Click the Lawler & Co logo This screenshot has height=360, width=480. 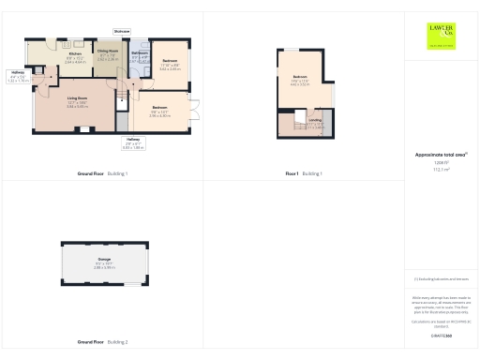tap(440, 36)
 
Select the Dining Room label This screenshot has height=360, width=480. tap(108, 52)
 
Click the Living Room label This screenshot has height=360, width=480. tap(77, 97)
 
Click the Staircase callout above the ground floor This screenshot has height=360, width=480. tap(123, 31)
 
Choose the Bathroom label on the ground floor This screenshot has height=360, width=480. tap(140, 52)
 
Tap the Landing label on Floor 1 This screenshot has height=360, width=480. tap(315, 120)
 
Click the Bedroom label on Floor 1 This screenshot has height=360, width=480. tap(300, 77)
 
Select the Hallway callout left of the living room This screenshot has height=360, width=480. tap(18, 72)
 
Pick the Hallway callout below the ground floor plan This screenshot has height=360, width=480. tap(133, 139)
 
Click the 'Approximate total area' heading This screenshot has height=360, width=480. tap(441, 154)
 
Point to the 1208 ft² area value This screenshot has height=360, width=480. tap(441, 162)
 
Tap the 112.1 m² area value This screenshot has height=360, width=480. tap(441, 170)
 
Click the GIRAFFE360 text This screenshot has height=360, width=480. tap(441, 335)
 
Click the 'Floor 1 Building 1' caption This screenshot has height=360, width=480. tap(304, 174)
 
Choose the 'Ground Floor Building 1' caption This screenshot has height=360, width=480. tap(103, 174)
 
